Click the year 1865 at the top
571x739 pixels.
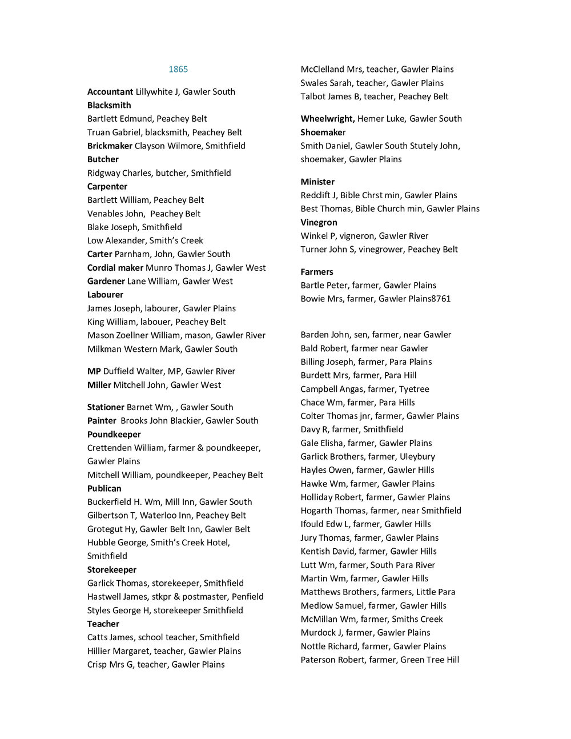pos(178,69)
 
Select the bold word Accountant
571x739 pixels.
pos(110,91)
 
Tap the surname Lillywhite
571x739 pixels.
pos(154,91)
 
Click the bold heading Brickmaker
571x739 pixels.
pos(110,146)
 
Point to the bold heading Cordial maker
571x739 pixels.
pos(115,267)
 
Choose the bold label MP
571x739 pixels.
pos(94,371)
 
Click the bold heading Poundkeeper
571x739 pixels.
pos(114,434)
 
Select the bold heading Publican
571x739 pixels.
pos(104,488)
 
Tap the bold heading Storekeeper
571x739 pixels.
pos(112,569)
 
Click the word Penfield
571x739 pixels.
pos(247,596)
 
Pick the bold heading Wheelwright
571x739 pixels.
pos(327,118)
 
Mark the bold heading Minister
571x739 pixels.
pos(317,182)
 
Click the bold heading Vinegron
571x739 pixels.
pos(319,222)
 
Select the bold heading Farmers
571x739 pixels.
pos(317,272)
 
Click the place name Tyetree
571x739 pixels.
pos(414,389)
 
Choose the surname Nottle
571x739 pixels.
pos(313,646)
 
